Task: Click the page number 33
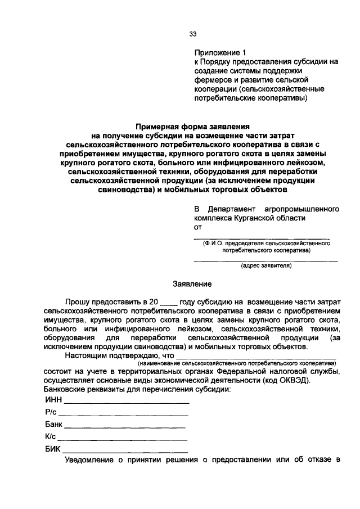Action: (192, 34)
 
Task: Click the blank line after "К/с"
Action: (122, 439)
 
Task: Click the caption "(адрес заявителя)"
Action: (266, 266)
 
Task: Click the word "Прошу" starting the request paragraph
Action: (76, 303)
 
